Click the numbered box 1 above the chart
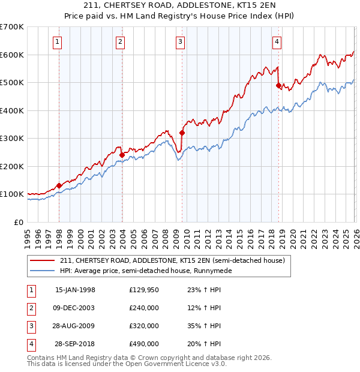pyautogui.click(x=57, y=41)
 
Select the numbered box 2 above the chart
pyautogui.click(x=120, y=41)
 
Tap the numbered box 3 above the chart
pyautogui.click(x=180, y=41)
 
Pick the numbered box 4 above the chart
pyautogui.click(x=277, y=41)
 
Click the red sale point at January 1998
pyautogui.click(x=59, y=186)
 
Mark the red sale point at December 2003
pyautogui.click(x=122, y=155)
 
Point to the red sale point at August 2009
pyautogui.click(x=182, y=133)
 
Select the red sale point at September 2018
pyautogui.click(x=278, y=86)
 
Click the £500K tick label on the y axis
pyautogui.click(x=11, y=82)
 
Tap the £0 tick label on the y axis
pyautogui.click(x=18, y=222)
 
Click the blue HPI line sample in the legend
pyautogui.click(x=43, y=271)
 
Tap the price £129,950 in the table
pyautogui.click(x=144, y=290)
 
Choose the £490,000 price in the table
pyautogui.click(x=144, y=344)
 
